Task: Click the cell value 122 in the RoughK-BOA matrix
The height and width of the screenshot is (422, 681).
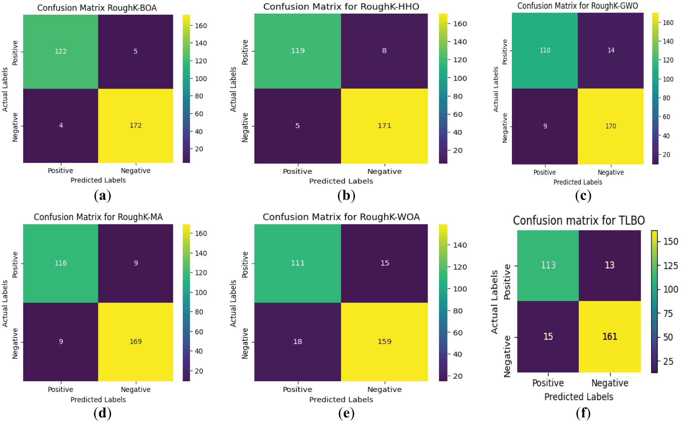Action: pyautogui.click(x=60, y=51)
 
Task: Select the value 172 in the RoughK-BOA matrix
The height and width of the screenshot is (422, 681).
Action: pyautogui.click(x=135, y=126)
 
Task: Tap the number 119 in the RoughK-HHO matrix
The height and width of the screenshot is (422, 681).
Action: pyautogui.click(x=297, y=51)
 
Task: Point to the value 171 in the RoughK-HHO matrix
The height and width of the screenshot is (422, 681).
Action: pyautogui.click(x=384, y=126)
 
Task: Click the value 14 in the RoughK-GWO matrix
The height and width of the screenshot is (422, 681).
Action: pyautogui.click(x=611, y=50)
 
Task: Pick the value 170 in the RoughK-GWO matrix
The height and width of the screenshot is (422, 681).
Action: pyautogui.click(x=611, y=126)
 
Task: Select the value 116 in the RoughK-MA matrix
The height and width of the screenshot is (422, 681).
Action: pyautogui.click(x=60, y=263)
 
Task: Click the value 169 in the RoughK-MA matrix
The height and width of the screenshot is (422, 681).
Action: pyautogui.click(x=135, y=342)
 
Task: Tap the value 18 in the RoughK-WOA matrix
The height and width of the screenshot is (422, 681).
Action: pyautogui.click(x=297, y=342)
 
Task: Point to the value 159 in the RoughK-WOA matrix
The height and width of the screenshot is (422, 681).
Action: pyautogui.click(x=384, y=342)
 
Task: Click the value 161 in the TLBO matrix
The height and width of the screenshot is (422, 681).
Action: pyautogui.click(x=610, y=337)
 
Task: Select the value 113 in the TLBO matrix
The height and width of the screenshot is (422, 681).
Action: pyautogui.click(x=548, y=265)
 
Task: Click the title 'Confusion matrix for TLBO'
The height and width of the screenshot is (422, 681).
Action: pyautogui.click(x=578, y=220)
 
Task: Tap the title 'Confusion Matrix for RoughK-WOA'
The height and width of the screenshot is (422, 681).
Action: pyautogui.click(x=341, y=217)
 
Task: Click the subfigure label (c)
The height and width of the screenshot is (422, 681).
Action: pyautogui.click(x=583, y=196)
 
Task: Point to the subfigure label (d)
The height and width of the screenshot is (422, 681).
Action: pyautogui.click(x=102, y=413)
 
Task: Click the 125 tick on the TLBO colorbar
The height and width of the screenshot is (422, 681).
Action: pyautogui.click(x=670, y=266)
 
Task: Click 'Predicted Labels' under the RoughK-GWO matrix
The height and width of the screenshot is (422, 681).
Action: pyautogui.click(x=578, y=182)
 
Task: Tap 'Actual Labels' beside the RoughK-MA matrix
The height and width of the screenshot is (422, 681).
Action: pyautogui.click(x=5, y=303)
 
